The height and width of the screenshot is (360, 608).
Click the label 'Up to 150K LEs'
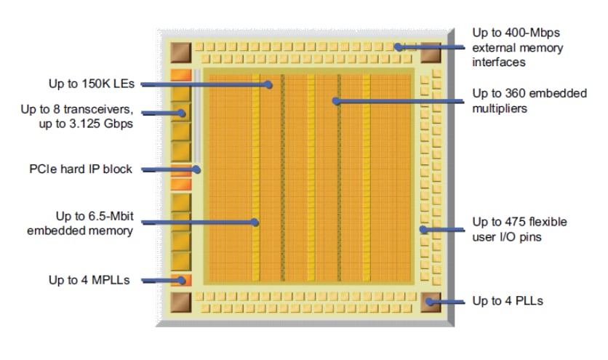pos(92,84)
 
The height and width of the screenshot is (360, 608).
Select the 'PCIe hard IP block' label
pos(80,169)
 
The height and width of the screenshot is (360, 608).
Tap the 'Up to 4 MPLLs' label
pos(89,279)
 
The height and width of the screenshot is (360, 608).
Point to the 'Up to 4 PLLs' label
pos(507,300)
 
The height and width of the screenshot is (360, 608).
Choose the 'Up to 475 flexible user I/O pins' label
pos(519,228)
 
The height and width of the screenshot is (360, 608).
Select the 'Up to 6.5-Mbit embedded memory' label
pos(80,224)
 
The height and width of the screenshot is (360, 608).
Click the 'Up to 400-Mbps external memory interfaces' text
pos(517,47)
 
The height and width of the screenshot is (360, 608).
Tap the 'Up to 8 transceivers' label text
pos(76,116)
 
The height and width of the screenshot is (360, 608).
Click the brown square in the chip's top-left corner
pos(180,53)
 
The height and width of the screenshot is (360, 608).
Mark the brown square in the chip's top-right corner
pos(431,53)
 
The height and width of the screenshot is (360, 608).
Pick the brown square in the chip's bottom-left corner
pos(180,302)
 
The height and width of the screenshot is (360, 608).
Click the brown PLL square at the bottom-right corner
pos(431,302)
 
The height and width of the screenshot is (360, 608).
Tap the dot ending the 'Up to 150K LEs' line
pos(269,84)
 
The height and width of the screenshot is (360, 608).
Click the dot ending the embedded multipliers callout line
pos(336,101)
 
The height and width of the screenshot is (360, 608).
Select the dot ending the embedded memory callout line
pos(256,223)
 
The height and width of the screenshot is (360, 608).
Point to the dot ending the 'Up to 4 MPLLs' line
pos(183,280)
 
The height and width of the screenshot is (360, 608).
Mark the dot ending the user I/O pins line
pos(423,230)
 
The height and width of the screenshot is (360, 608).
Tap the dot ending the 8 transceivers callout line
pos(183,113)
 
